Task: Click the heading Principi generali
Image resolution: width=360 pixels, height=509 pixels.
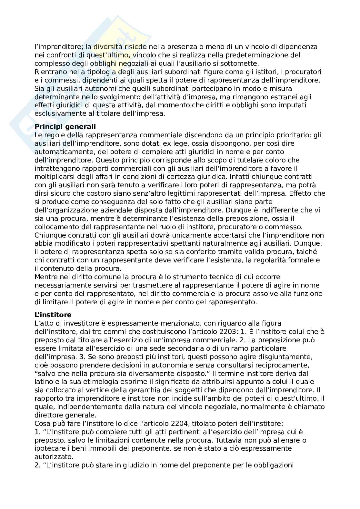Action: pos(65,127)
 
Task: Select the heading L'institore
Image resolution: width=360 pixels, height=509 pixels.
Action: pos(53,315)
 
